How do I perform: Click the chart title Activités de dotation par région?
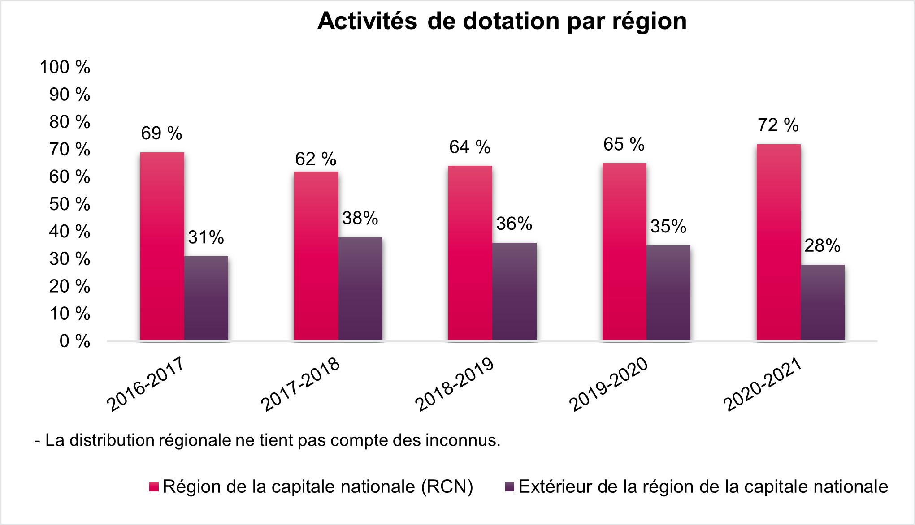tap(502, 21)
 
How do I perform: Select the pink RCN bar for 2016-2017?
tap(162, 246)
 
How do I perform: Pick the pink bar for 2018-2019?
tap(470, 253)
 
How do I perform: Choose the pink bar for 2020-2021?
tap(778, 242)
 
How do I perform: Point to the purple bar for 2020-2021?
tap(822, 302)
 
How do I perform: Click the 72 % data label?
tap(778, 125)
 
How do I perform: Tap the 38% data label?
tap(360, 218)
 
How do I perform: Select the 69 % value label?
tap(161, 133)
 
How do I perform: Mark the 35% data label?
tap(668, 227)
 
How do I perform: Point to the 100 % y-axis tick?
tap(65, 67)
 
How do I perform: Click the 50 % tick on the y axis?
tap(69, 204)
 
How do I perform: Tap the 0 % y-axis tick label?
tap(74, 341)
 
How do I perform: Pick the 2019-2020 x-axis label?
tap(609, 384)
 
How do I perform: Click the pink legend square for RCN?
tap(154, 487)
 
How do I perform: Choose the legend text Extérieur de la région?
tap(703, 486)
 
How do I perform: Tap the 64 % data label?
tap(470, 147)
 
